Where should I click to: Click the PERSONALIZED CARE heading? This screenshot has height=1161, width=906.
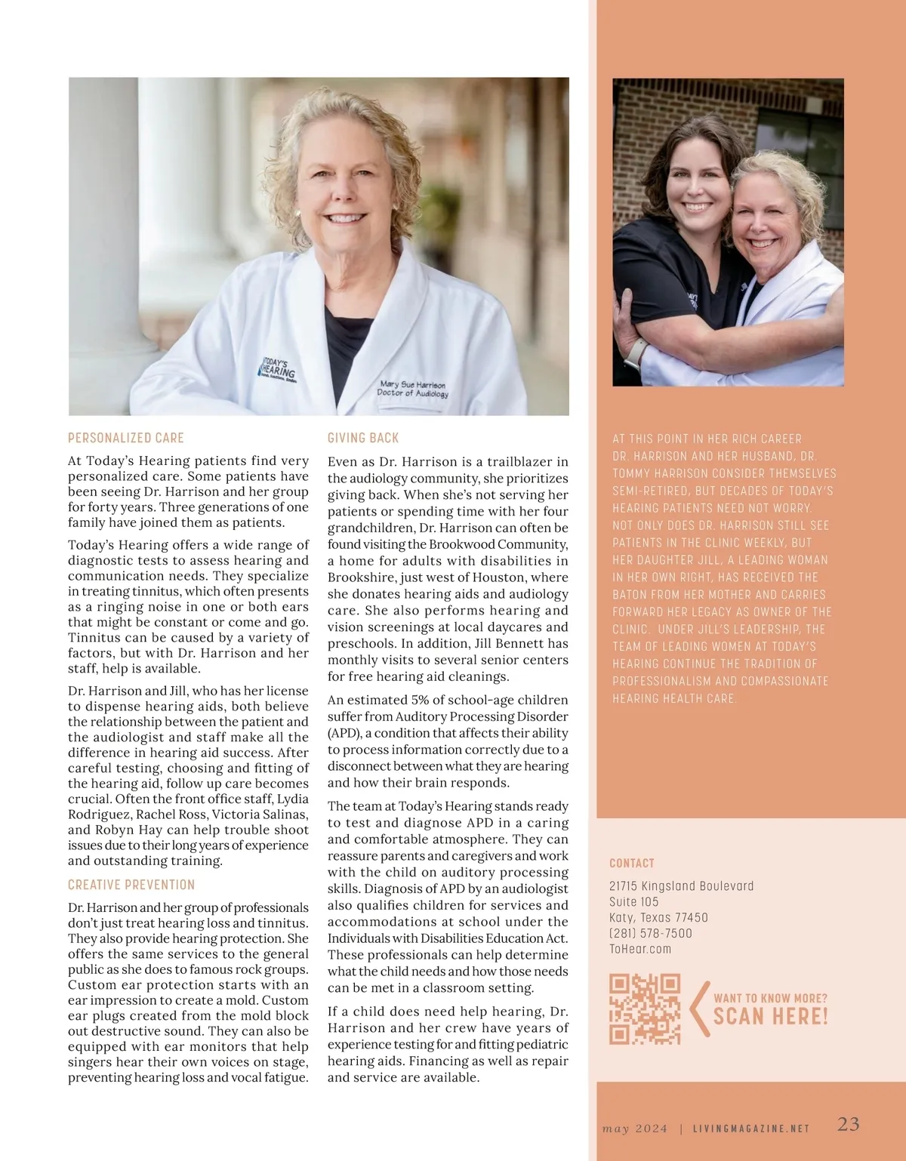click(126, 438)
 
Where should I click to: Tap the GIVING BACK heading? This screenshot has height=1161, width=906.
click(363, 438)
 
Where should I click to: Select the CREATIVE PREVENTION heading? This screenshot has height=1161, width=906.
click(131, 885)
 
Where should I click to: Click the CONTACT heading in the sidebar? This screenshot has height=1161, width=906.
click(632, 863)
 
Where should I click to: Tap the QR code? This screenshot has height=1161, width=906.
click(645, 1009)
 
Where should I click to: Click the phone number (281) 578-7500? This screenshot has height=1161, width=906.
click(651, 933)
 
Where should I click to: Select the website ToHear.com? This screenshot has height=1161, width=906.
click(640, 949)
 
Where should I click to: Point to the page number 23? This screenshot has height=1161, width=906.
click(849, 1124)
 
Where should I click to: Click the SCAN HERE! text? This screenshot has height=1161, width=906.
click(771, 1017)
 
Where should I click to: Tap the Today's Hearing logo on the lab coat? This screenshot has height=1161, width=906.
click(278, 368)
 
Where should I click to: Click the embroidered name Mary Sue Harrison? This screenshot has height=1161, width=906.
click(413, 384)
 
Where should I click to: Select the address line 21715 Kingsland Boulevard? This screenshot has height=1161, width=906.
click(681, 886)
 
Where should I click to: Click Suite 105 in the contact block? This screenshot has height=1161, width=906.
click(634, 901)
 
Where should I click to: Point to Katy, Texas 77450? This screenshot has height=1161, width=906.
click(658, 917)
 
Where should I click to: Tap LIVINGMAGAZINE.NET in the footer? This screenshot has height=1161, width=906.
click(751, 1129)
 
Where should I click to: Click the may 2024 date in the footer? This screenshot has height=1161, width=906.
click(635, 1129)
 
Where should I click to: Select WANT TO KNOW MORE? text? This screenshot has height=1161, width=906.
click(770, 998)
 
